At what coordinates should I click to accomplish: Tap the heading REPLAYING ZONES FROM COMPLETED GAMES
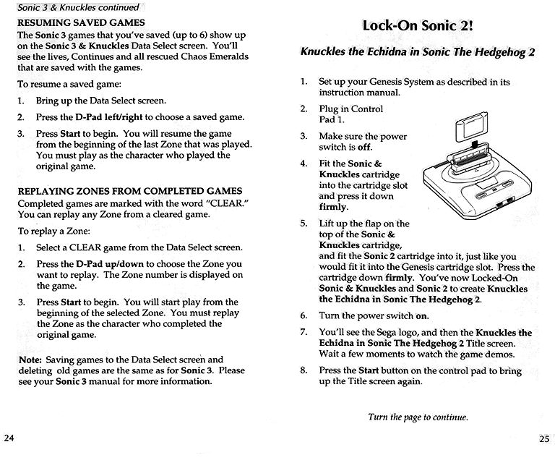coord(129,191)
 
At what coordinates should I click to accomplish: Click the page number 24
coord(9,438)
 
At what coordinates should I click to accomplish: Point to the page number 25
coord(544,438)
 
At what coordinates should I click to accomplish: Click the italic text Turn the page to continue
coord(418,417)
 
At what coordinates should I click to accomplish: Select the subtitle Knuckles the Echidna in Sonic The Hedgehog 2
coord(418,53)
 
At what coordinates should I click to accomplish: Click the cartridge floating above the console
coord(468,128)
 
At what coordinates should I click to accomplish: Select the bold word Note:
coord(30,359)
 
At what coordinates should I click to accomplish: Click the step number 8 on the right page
coord(304,370)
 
